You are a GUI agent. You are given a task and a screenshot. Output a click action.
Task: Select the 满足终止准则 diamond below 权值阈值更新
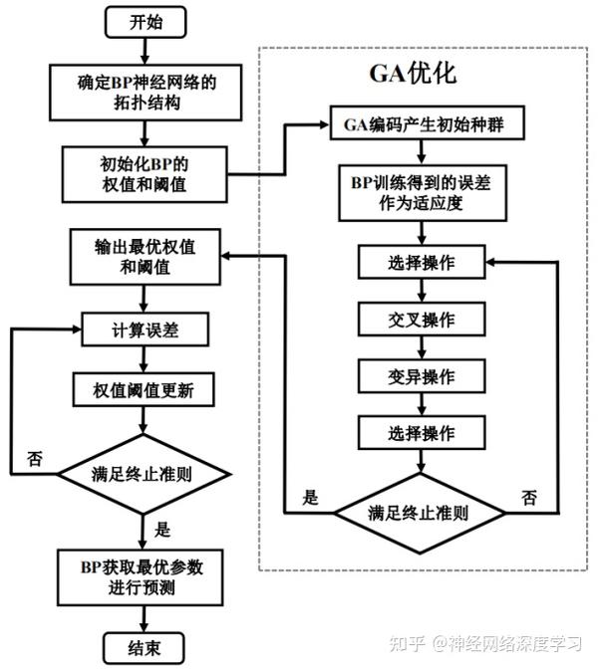[x=146, y=473]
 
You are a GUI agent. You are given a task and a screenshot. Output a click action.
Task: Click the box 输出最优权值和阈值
[x=146, y=256]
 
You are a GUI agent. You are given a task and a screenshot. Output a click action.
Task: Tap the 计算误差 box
[x=146, y=330]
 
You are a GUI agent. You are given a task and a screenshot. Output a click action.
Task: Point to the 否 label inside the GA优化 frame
[x=529, y=496]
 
